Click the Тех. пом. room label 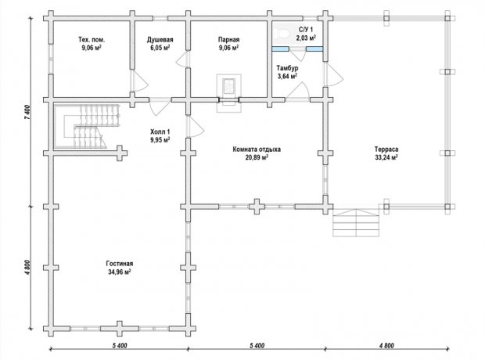(92, 40)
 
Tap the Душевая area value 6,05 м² (160, 48)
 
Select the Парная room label (228, 40)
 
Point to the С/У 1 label (306, 30)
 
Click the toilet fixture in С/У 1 (282, 33)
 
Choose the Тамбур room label (287, 68)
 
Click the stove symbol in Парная (229, 86)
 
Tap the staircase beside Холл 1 (92, 126)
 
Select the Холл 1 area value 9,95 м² (160, 140)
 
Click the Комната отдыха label (257, 149)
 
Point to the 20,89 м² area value (257, 157)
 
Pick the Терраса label (386, 149)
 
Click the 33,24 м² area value (386, 157)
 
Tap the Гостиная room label (120, 264)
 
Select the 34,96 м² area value (120, 272)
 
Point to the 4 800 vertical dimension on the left (27, 268)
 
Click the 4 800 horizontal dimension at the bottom (386, 345)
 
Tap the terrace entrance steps (356, 222)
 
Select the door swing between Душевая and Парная (181, 59)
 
